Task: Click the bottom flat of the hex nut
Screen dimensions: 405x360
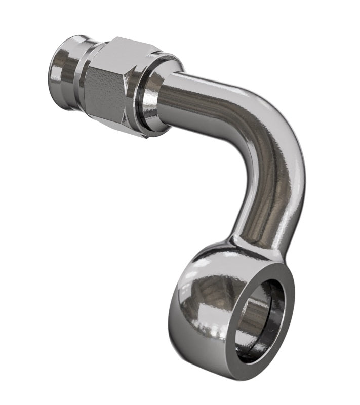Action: coord(122,127)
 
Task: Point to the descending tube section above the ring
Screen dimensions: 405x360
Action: coord(268,208)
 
